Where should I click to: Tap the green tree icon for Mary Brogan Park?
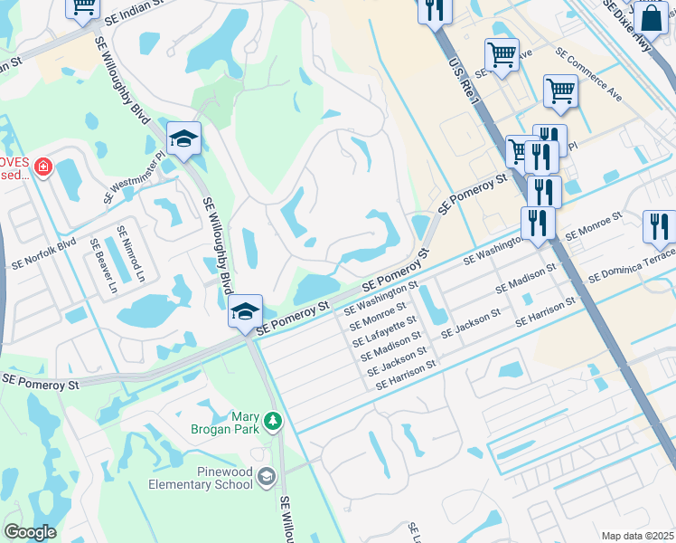(272, 422)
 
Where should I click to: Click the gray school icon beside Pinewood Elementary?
(267, 476)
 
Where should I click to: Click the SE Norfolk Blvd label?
(43, 255)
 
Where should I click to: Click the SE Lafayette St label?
(385, 331)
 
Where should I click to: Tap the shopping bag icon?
(650, 17)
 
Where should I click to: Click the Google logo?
(30, 532)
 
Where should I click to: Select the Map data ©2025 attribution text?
(636, 536)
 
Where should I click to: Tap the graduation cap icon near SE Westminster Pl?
(183, 138)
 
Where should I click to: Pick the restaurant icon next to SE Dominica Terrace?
(660, 226)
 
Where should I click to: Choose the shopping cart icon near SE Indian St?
(83, 7)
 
